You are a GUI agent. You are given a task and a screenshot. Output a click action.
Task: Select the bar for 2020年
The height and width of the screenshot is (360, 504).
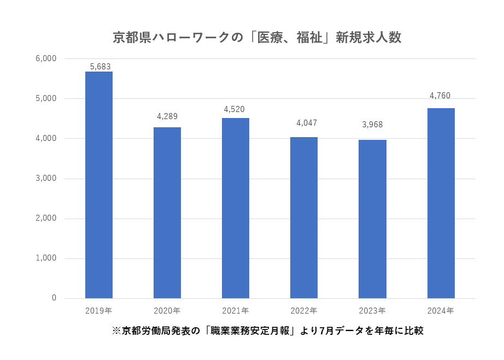tap(167, 213)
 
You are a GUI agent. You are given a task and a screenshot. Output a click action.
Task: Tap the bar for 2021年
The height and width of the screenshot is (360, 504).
tap(236, 208)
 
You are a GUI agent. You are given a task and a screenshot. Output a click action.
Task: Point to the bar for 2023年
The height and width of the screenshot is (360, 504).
tap(372, 219)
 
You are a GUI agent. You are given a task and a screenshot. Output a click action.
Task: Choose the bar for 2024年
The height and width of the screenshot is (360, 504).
tap(441, 203)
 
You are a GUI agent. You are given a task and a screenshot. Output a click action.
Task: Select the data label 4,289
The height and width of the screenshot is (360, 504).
tap(167, 116)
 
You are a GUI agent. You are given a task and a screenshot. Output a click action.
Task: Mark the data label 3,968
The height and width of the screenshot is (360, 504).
tap(372, 125)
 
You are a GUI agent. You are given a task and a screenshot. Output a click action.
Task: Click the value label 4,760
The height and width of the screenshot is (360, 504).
tap(440, 96)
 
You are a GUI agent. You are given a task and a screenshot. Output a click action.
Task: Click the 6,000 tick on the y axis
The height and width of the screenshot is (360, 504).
tap(46, 58)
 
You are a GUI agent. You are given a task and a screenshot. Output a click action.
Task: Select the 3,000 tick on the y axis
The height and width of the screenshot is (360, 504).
tap(46, 178)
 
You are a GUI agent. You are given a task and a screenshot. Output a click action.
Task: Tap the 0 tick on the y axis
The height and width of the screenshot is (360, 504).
tap(54, 298)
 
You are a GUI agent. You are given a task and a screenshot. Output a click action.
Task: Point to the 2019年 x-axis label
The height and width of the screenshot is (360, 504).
tap(99, 311)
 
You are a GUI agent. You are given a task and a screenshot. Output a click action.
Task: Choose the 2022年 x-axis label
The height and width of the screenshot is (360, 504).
tap(304, 311)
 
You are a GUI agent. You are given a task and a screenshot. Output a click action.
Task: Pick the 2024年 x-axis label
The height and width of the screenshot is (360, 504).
tap(441, 311)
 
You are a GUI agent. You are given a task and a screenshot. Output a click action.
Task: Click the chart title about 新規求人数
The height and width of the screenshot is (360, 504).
tap(257, 37)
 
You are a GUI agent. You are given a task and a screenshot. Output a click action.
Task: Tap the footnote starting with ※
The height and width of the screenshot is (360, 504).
tap(268, 331)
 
